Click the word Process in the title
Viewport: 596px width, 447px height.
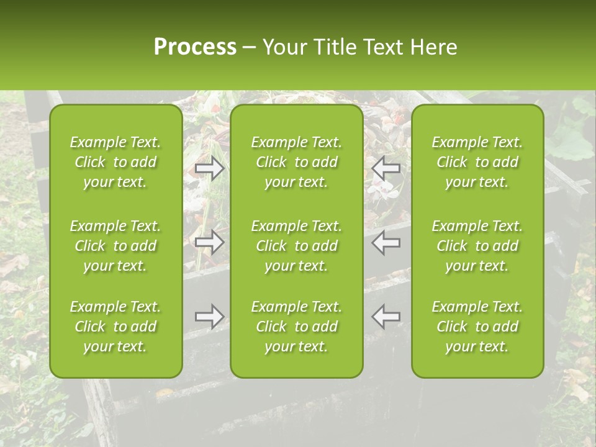(195, 47)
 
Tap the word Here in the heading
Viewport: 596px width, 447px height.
(432, 47)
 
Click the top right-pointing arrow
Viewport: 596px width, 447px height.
(210, 168)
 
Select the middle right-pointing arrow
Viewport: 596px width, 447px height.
(210, 242)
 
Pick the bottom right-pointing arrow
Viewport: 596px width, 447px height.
(210, 317)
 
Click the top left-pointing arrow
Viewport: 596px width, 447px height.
(386, 168)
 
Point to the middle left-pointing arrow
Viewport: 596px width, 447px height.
(386, 242)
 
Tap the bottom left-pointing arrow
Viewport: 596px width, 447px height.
(386, 317)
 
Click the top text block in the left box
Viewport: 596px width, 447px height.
(115, 162)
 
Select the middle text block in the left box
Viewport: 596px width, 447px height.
(115, 246)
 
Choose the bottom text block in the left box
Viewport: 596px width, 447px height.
(115, 327)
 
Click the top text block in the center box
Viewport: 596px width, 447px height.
(297, 162)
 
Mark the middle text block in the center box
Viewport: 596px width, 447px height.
(297, 246)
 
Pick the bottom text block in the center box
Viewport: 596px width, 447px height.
(297, 327)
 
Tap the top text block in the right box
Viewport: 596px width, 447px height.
(477, 162)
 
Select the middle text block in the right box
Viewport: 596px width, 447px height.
(477, 246)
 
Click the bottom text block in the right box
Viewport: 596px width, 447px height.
(477, 327)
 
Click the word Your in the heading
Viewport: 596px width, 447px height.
(283, 47)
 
